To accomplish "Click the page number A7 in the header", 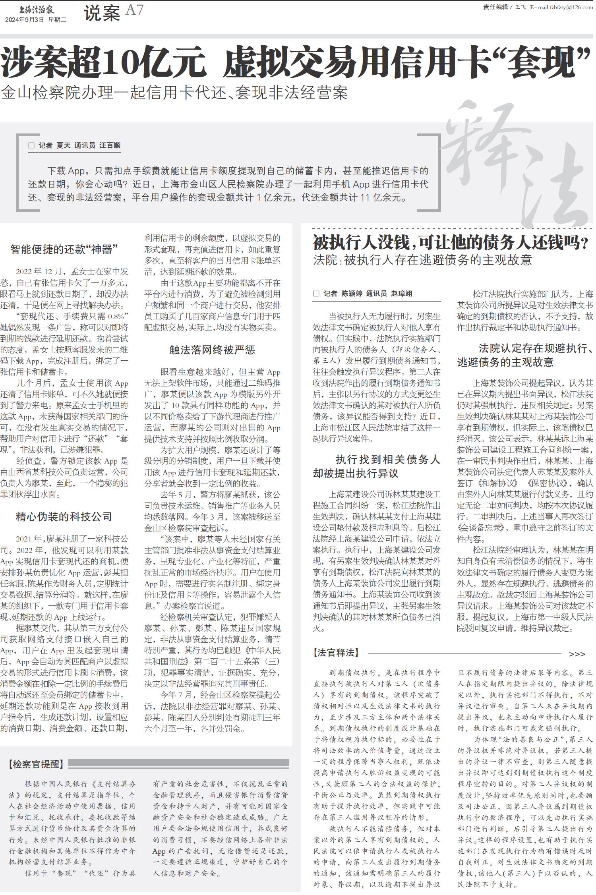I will click(x=134, y=10).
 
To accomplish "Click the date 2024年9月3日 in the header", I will click(x=24, y=20).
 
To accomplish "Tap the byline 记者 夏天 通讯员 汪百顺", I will click(x=79, y=146).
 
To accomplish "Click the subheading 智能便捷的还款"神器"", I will click(x=64, y=249).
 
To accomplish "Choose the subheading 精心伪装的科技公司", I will click(x=64, y=516).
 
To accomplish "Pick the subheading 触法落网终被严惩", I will click(x=212, y=350).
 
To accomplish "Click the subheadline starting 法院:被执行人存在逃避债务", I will click(x=422, y=260).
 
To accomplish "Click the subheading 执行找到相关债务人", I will click(x=387, y=460).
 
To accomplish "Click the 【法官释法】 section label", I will click(x=336, y=653).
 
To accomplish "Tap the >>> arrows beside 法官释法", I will click(x=577, y=654).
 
